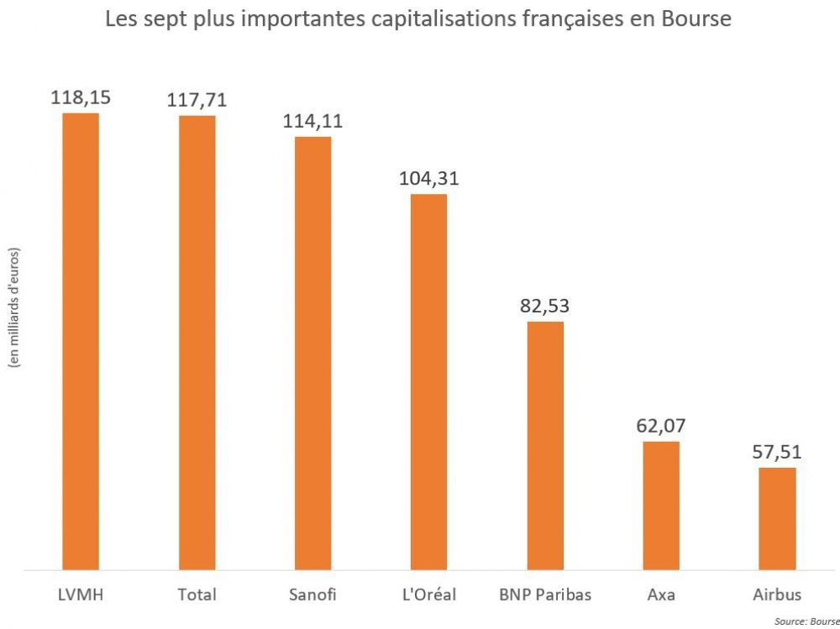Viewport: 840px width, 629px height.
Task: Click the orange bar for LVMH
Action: pyautogui.click(x=81, y=341)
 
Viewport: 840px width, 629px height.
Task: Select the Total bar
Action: pyautogui.click(x=197, y=343)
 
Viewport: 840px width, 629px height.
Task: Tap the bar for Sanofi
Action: pyautogui.click(x=312, y=353)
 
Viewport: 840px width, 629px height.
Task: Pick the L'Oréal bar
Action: pyautogui.click(x=428, y=382)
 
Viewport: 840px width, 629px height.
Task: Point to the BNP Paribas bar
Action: pyautogui.click(x=544, y=445)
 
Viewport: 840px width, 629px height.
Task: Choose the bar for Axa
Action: pyautogui.click(x=661, y=506)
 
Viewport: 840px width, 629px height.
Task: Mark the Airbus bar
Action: pyautogui.click(x=777, y=518)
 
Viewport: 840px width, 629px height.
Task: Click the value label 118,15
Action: pyautogui.click(x=81, y=97)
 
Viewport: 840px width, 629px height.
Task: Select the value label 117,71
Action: pyautogui.click(x=197, y=101)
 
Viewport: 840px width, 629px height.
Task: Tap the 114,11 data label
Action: pyautogui.click(x=312, y=121)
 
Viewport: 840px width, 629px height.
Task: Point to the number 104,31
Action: pyautogui.click(x=428, y=179)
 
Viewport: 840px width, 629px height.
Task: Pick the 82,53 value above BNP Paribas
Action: pyautogui.click(x=544, y=306)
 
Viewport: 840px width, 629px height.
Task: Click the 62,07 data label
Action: pyautogui.click(x=661, y=426)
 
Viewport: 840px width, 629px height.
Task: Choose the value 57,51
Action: pyautogui.click(x=777, y=452)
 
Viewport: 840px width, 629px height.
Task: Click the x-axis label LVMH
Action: pyautogui.click(x=81, y=595)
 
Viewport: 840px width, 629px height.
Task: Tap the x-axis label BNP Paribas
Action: pyautogui.click(x=544, y=595)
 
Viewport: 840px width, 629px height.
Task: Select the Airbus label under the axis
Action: pyautogui.click(x=777, y=595)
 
